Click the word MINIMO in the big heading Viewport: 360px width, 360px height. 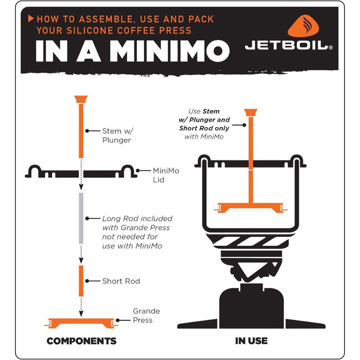(x=169, y=51)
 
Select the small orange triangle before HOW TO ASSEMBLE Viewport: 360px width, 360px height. (x=31, y=18)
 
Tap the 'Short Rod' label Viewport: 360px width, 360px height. (x=121, y=281)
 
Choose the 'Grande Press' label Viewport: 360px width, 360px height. (x=146, y=315)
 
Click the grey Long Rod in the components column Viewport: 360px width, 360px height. (x=81, y=218)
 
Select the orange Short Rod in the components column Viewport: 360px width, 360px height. (x=81, y=281)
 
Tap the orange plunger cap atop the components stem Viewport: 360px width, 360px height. (x=81, y=99)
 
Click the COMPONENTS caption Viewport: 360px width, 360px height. (x=82, y=341)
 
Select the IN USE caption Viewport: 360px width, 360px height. (x=251, y=341)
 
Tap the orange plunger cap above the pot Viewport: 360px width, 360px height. (x=251, y=112)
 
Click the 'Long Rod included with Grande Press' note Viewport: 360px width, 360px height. (x=137, y=232)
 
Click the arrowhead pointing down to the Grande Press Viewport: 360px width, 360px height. (x=81, y=313)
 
